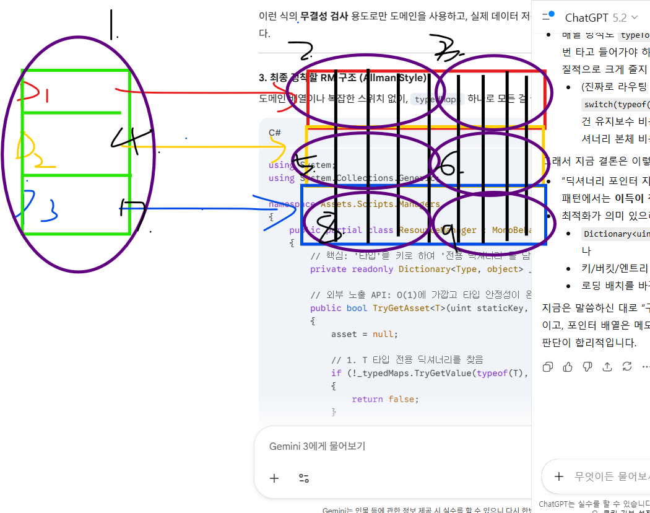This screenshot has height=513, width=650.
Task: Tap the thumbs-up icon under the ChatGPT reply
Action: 568,367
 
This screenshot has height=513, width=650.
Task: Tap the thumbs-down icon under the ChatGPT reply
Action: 587,367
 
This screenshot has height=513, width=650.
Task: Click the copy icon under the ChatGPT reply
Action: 548,367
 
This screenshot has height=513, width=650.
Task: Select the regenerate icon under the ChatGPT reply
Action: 627,367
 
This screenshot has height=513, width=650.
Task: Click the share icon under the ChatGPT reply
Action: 607,367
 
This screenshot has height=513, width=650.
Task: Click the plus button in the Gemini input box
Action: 274,478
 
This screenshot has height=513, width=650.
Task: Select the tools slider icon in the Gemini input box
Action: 304,478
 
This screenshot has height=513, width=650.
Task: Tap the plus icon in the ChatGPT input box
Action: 559,476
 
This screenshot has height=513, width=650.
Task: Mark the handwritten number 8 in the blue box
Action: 326,224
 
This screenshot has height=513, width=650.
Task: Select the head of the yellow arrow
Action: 285,147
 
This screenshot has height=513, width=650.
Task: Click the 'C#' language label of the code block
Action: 275,133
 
